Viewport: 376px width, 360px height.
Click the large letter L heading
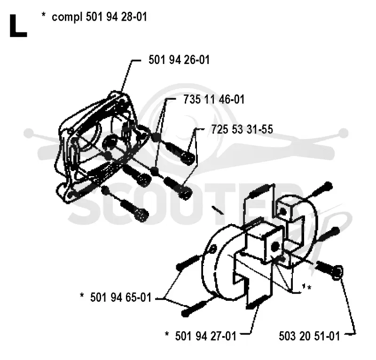pos(18,26)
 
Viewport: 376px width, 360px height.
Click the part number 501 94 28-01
pos(116,17)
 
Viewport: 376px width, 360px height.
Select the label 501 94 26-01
pos(179,60)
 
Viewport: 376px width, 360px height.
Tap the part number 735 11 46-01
pos(214,99)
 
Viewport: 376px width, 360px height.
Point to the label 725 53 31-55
pos(242,129)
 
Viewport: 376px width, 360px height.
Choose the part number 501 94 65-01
pos(121,297)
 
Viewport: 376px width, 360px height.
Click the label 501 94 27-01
pos(206,336)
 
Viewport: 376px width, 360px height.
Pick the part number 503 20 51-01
pos(309,336)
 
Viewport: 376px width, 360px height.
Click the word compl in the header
pos(67,17)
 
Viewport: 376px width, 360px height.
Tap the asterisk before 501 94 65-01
pos(82,295)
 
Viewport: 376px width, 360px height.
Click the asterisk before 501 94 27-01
pos(167,333)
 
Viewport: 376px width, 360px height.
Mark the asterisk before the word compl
pos(43,15)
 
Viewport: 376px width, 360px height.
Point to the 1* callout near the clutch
pos(307,287)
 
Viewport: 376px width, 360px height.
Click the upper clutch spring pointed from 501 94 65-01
pos(189,261)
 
